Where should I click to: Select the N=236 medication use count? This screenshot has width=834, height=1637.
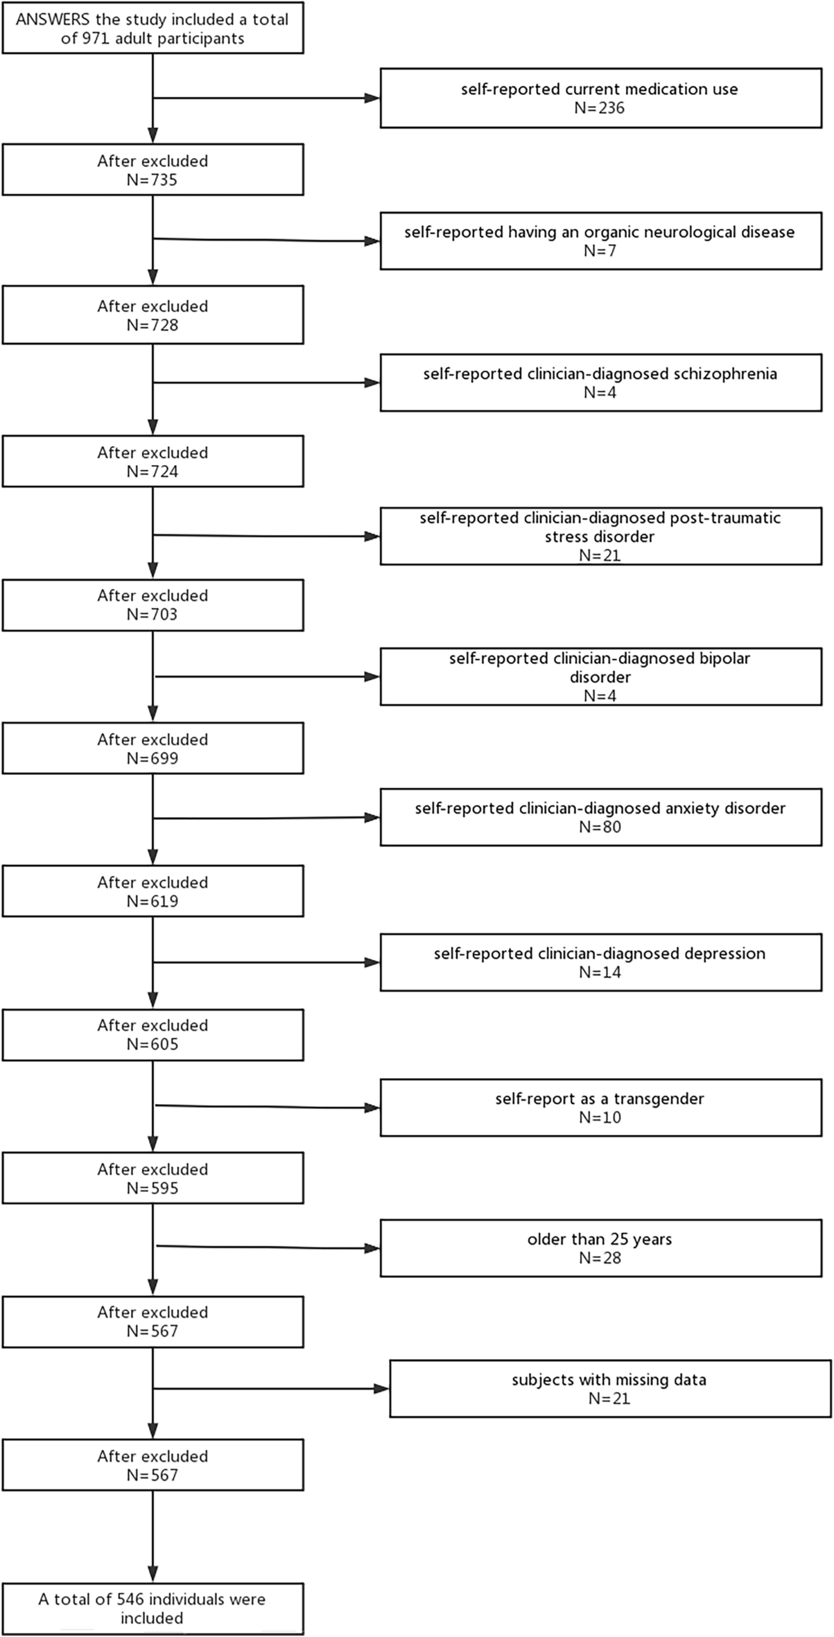coord(600,108)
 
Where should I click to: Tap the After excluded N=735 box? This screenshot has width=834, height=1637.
coord(153,170)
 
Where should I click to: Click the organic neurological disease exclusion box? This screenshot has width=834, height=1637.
coord(600,241)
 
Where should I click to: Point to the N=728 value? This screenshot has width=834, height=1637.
coord(153,325)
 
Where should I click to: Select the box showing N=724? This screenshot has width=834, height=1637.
coord(153,462)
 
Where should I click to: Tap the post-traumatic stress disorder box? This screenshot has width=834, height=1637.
coord(600,536)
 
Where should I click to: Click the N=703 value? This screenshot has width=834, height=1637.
coord(153,615)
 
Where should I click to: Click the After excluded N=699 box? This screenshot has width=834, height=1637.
coord(153,749)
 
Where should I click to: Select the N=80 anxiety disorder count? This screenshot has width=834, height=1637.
coord(600,827)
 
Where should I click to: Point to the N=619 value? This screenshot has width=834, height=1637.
coord(153,901)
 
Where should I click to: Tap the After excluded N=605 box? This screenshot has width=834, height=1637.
coord(153,1035)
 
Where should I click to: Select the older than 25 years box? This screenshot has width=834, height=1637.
coord(600,1248)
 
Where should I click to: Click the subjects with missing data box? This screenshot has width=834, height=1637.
coord(609,1389)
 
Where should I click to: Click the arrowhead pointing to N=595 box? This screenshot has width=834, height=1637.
coord(153,1144)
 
